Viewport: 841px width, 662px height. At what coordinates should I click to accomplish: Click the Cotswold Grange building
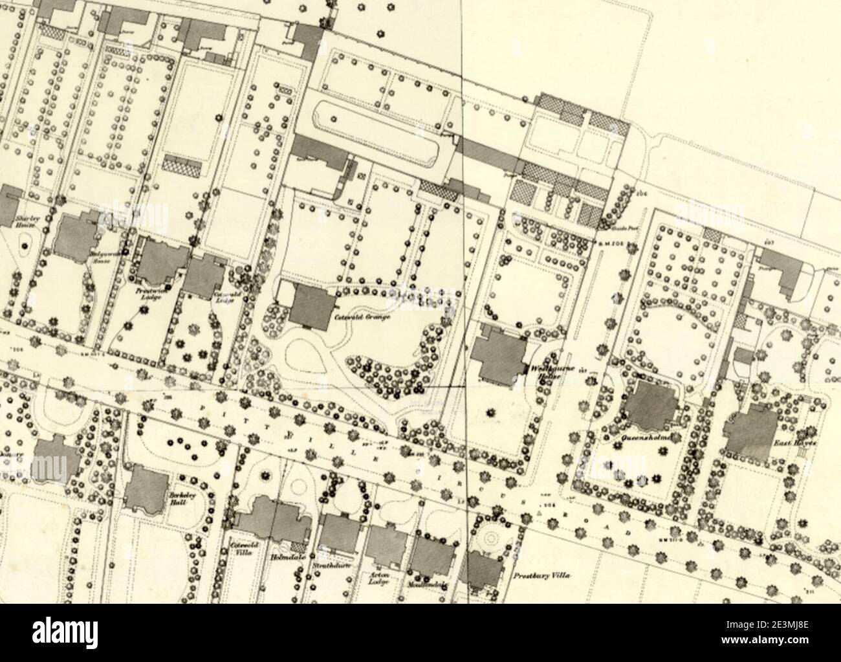[311, 305]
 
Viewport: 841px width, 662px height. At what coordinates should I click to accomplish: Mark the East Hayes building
[751, 429]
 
